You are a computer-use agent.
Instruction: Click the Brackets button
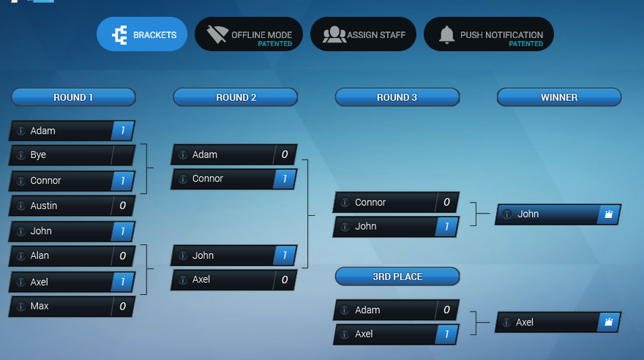(142, 34)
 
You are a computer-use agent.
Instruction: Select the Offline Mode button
(249, 34)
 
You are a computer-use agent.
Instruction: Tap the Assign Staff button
(364, 34)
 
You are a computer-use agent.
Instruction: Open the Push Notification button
(489, 34)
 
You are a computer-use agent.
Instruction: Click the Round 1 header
(73, 97)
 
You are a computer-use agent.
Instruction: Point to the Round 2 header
(236, 97)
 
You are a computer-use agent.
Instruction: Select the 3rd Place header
(397, 277)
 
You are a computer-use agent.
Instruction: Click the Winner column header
(559, 97)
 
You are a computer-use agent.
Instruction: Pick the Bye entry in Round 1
(38, 155)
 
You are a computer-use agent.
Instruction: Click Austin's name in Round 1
(43, 206)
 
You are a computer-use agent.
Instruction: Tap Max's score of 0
(122, 306)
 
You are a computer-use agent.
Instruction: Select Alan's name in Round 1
(40, 256)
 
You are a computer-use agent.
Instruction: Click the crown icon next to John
(608, 214)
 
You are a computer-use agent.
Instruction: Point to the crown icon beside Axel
(608, 322)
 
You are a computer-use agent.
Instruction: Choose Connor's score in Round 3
(446, 203)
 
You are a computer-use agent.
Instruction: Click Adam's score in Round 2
(284, 155)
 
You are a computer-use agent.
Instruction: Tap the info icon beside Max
(20, 306)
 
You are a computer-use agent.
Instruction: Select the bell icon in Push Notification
(446, 34)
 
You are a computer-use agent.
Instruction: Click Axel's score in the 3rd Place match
(446, 334)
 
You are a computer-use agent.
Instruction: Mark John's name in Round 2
(203, 255)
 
